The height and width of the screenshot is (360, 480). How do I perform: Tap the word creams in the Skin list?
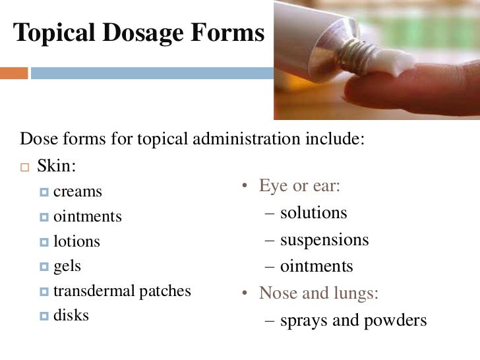(78, 192)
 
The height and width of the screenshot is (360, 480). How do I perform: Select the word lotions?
(76, 241)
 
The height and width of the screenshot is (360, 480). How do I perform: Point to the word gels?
(67, 266)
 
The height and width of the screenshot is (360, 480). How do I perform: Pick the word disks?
(71, 315)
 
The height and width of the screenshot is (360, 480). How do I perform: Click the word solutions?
(313, 213)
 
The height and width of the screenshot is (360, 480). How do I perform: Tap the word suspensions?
(324, 240)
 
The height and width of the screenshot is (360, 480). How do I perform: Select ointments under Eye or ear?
(316, 266)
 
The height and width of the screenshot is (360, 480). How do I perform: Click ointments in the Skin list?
(88, 216)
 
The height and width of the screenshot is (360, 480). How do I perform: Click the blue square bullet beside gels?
(44, 267)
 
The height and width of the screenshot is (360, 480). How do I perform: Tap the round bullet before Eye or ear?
(243, 187)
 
